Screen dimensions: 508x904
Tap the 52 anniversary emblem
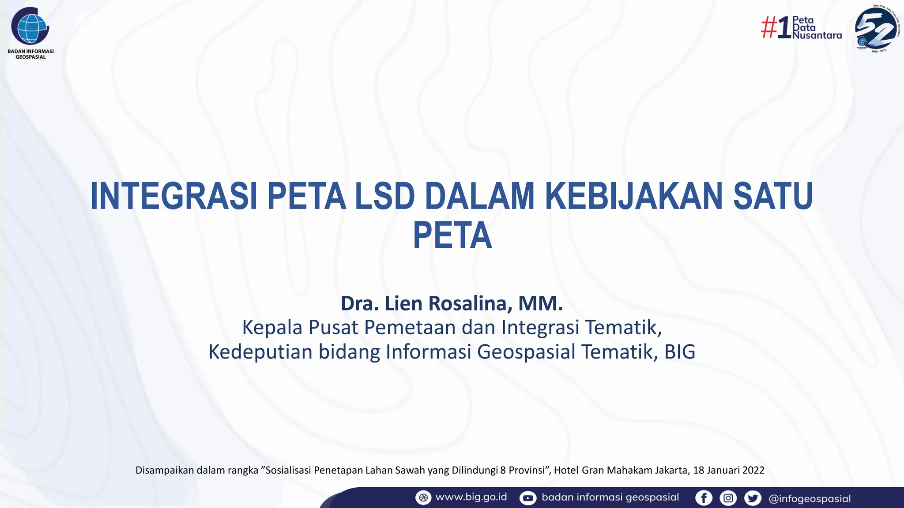pyautogui.click(x=875, y=29)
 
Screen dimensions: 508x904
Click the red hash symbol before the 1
pyautogui.click(x=769, y=28)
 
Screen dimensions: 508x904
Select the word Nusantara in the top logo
pyautogui.click(x=817, y=36)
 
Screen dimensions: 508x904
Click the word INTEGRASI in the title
pyautogui.click(x=173, y=196)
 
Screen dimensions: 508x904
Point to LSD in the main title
pyautogui.click(x=385, y=196)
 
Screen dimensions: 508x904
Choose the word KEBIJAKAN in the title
pyautogui.click(x=634, y=196)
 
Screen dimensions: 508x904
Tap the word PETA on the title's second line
pyautogui.click(x=452, y=236)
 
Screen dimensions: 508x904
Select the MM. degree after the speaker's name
pyautogui.click(x=541, y=303)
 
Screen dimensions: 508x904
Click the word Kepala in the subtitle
pyautogui.click(x=272, y=328)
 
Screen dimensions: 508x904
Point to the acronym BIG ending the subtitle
pyautogui.click(x=680, y=352)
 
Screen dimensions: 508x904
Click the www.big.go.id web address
pyautogui.click(x=471, y=497)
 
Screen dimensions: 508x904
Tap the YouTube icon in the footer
pyautogui.click(x=527, y=498)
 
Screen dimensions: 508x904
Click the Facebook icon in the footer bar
pyautogui.click(x=704, y=498)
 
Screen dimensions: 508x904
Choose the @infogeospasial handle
pyautogui.click(x=810, y=499)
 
